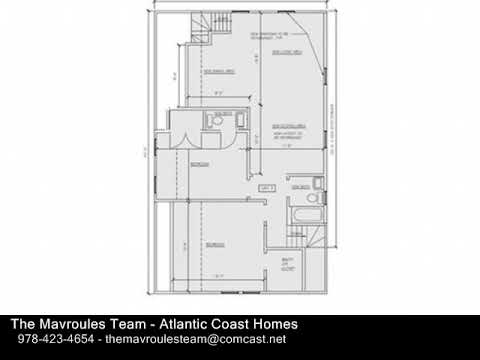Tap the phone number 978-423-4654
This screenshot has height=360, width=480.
[50, 343]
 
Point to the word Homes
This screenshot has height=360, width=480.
[270, 326]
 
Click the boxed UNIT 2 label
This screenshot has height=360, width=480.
[266, 187]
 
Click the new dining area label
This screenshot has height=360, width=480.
[219, 72]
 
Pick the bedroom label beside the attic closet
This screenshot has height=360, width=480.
[215, 243]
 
